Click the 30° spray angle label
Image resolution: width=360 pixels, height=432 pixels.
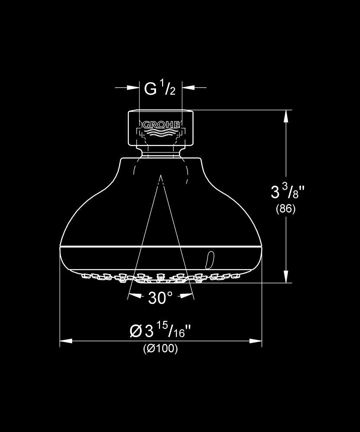click(160, 298)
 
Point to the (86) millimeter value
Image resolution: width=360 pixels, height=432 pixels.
click(286, 209)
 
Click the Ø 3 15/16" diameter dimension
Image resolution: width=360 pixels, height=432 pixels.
click(160, 330)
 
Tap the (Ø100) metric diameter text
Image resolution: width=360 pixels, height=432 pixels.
click(160, 349)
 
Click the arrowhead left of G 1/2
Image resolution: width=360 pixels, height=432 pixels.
click(133, 88)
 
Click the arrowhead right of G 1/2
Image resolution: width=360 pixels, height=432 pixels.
click(188, 88)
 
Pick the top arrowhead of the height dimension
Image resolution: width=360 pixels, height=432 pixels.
click(286, 116)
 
